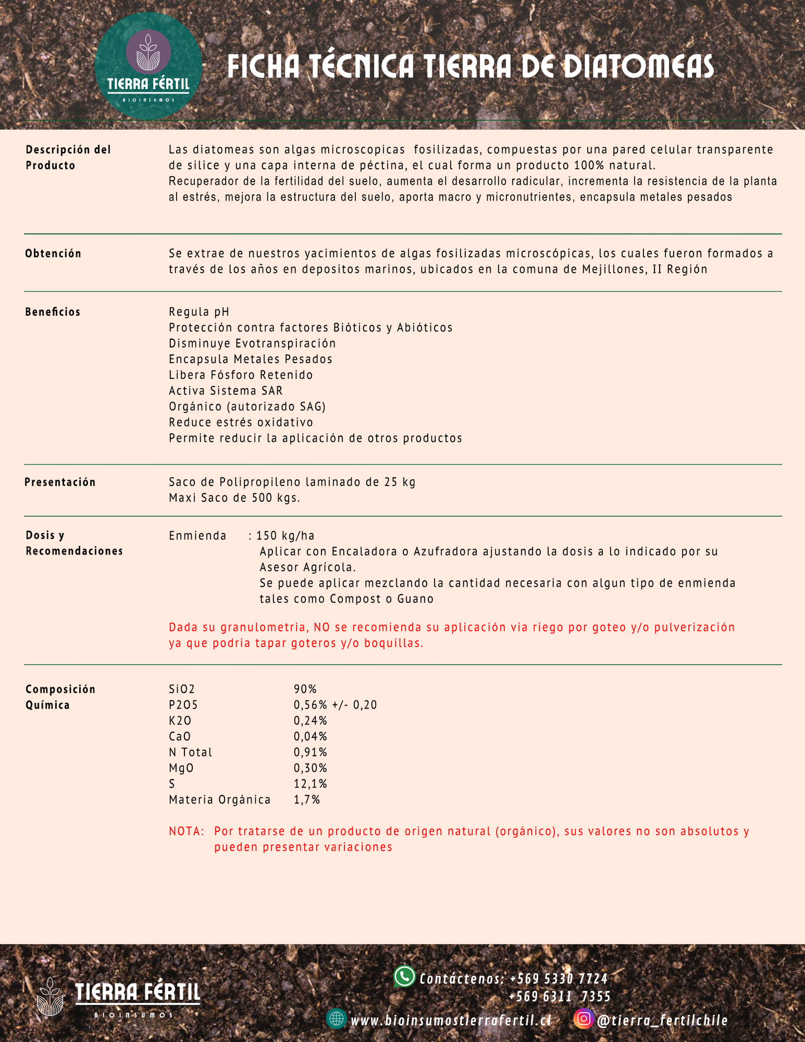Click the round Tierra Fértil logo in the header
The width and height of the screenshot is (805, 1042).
[x=148, y=66]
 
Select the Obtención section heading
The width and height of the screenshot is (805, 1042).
[x=53, y=254]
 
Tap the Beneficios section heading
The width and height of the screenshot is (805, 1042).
[x=53, y=312]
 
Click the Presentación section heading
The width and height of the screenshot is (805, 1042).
[x=60, y=482]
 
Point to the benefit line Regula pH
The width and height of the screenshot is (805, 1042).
[x=199, y=312]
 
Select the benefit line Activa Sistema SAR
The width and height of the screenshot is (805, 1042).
[x=226, y=391]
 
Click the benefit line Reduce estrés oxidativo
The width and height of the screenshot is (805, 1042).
[x=241, y=423]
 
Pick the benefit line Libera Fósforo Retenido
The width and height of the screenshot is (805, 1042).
[x=241, y=375]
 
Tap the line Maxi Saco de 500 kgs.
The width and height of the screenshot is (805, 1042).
[x=235, y=498]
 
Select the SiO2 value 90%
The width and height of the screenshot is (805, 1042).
[x=305, y=689]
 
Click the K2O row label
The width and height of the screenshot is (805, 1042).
[x=180, y=721]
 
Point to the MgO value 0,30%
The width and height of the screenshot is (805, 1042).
[x=310, y=769]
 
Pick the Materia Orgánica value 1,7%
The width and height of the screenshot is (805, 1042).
[x=307, y=800]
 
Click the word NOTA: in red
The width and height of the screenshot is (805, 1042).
[x=187, y=831]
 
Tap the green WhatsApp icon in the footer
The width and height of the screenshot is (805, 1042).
[x=404, y=977]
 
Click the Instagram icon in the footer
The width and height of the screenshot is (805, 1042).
[x=583, y=1019]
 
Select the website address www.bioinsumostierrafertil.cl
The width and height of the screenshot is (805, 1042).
[x=451, y=1020]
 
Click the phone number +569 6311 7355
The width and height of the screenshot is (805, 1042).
[x=559, y=997]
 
